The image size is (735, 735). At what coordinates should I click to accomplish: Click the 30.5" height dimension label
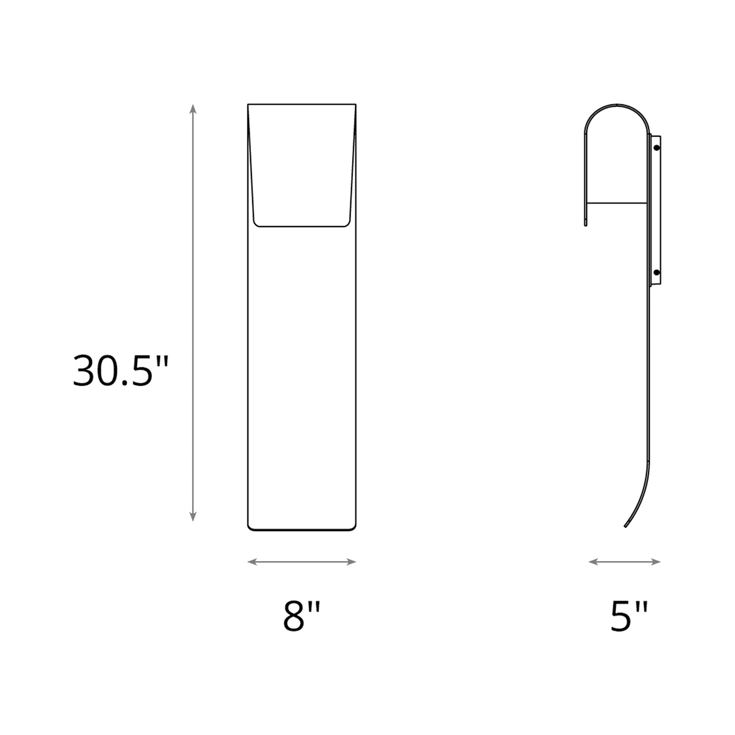click(x=120, y=371)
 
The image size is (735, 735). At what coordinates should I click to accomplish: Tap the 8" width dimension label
click(x=302, y=617)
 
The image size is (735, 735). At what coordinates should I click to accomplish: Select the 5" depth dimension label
click(x=629, y=617)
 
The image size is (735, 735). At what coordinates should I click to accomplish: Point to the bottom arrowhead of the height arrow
click(x=193, y=517)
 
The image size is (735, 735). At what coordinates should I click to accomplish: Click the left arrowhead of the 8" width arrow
click(x=252, y=562)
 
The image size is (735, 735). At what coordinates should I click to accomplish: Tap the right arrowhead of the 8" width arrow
click(x=352, y=562)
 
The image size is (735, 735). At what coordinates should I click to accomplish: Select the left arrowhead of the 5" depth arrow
click(x=593, y=562)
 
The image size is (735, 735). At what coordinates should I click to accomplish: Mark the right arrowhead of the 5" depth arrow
click(x=656, y=562)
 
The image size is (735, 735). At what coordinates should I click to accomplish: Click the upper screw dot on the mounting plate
click(x=657, y=148)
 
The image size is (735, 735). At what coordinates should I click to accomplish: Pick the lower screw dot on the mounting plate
click(x=657, y=272)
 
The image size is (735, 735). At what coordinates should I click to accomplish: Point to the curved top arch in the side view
click(x=617, y=105)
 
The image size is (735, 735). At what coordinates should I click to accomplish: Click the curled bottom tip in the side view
click(x=625, y=527)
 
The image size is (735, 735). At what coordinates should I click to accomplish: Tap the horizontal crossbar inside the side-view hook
click(x=617, y=203)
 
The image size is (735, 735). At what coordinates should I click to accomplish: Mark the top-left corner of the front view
click(x=248, y=104)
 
